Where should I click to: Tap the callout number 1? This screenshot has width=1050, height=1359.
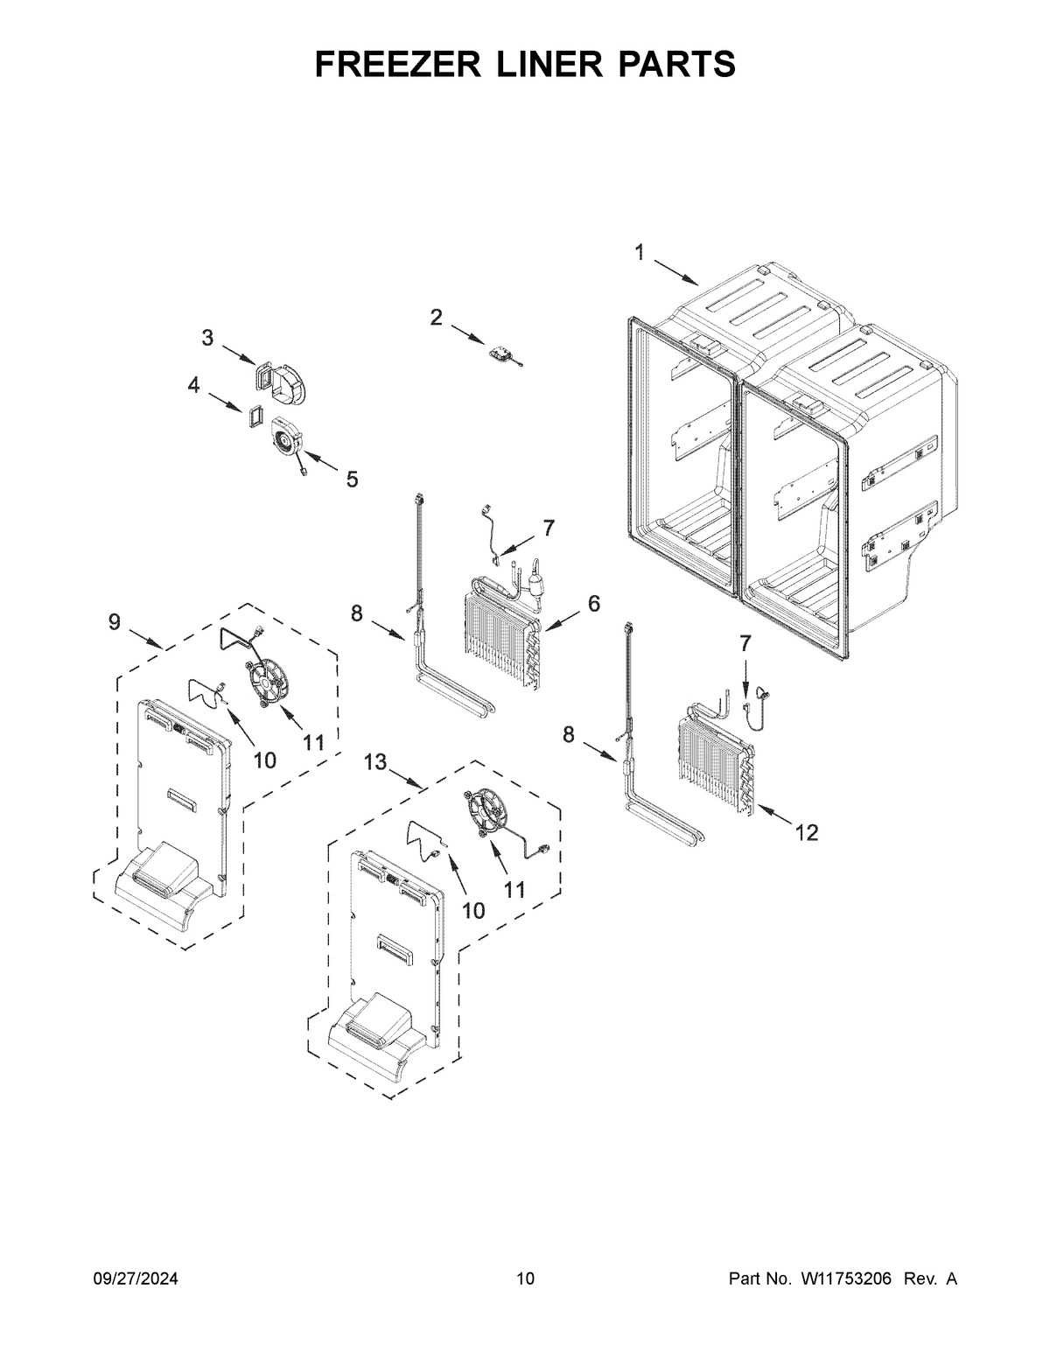coord(640,253)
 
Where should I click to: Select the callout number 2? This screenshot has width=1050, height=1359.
coord(436,318)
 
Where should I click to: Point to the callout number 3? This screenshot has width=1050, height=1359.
coord(207,338)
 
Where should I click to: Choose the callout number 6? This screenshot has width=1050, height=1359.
coord(594,603)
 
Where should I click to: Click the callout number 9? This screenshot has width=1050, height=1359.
coord(115,622)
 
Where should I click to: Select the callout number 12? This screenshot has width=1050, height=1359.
coord(806,832)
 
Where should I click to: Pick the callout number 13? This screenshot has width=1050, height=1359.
coord(375,762)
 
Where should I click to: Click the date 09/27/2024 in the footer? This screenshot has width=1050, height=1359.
coord(136,1279)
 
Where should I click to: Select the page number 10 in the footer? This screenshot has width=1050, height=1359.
coord(525,1279)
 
